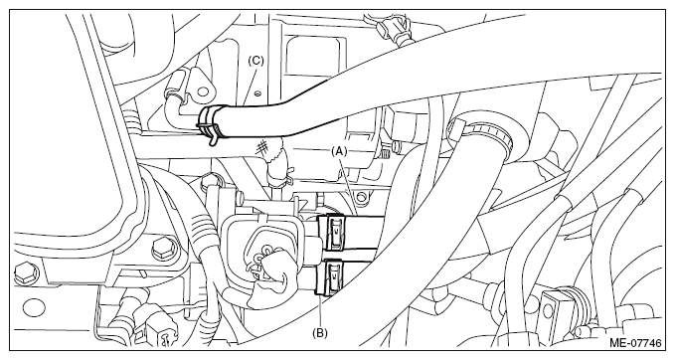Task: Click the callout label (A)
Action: [x=339, y=151]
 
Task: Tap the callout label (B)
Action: [x=319, y=333]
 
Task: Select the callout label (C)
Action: [x=255, y=61]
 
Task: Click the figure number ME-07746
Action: [x=635, y=343]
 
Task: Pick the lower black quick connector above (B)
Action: [x=330, y=276]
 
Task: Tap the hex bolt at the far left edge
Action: [x=26, y=274]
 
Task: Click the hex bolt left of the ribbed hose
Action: [x=165, y=249]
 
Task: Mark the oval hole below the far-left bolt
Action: [x=34, y=308]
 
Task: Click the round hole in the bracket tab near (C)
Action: [x=203, y=90]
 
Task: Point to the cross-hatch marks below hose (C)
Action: [x=260, y=147]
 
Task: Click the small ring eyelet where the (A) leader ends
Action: [x=361, y=197]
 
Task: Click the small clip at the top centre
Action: [x=391, y=27]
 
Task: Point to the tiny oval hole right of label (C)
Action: [x=257, y=92]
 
